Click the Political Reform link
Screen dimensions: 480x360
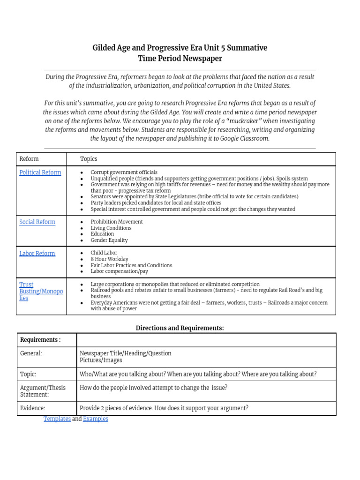40,172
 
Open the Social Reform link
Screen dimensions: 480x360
37,222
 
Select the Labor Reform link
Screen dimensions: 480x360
37,253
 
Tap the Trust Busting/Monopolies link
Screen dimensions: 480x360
41,291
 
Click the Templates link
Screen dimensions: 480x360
57,419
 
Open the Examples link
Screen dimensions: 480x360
96,419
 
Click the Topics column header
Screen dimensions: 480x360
89,159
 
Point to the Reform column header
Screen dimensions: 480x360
29,159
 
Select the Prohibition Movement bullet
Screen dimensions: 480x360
116,222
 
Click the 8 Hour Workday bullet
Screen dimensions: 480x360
109,259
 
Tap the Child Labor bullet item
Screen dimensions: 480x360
104,253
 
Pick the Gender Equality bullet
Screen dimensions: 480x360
109,240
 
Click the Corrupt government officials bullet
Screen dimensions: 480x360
124,172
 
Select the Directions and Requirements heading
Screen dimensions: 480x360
180,328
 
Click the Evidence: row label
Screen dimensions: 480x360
32,408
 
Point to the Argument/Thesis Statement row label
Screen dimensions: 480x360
43,391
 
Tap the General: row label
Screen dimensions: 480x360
31,353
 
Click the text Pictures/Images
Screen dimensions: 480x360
101,360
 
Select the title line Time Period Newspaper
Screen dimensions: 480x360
180,59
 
